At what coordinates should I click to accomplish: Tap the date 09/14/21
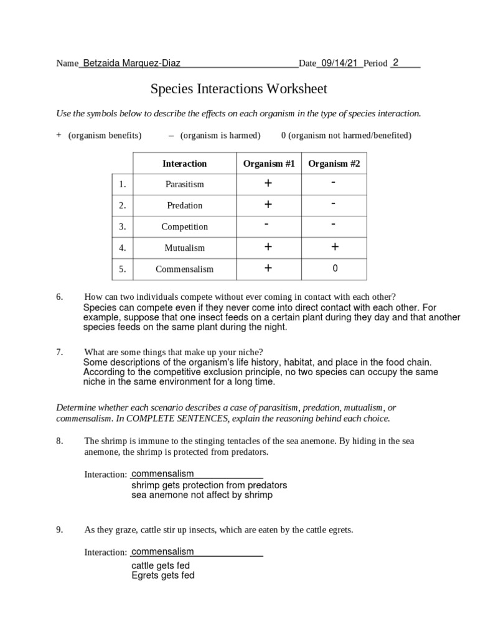tap(340, 63)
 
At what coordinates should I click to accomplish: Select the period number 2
tap(396, 62)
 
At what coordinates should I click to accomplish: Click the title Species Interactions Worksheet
tap(239, 89)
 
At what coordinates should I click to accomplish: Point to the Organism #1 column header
tap(268, 164)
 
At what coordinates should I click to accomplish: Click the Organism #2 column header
tap(334, 164)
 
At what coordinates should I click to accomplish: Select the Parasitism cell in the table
tap(184, 184)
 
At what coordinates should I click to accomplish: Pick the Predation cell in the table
tap(184, 205)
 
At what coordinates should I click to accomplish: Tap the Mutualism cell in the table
tap(184, 248)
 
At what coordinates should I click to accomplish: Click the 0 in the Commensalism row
tap(334, 269)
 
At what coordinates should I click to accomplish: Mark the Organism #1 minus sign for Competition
tap(267, 225)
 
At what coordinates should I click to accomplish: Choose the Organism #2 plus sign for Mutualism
tap(334, 247)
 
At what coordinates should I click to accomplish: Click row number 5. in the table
tap(122, 269)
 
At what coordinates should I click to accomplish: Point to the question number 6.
tap(60, 297)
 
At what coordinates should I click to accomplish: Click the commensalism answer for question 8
tap(163, 474)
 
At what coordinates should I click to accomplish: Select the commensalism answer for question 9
tap(163, 552)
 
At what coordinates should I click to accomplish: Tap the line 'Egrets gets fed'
tap(163, 575)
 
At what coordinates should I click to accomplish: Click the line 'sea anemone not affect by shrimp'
tap(202, 495)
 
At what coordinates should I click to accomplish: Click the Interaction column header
tap(184, 164)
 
